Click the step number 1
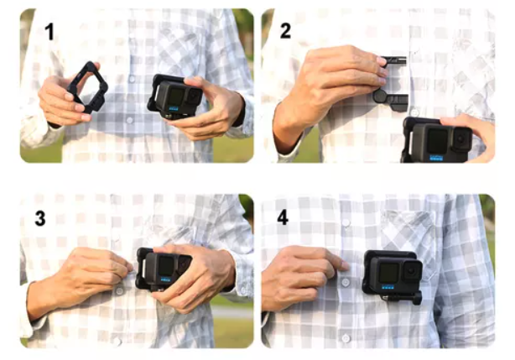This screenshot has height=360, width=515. (x=49, y=32)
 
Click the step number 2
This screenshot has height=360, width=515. (x=286, y=31)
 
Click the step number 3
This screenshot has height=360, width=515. (x=40, y=218)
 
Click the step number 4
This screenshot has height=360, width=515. (x=283, y=217)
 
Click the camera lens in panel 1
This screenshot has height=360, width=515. (x=194, y=96)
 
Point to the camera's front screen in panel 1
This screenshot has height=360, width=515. (x=175, y=96)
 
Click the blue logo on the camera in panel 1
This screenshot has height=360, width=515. (x=174, y=109)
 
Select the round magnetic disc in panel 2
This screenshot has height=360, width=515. (x=381, y=96)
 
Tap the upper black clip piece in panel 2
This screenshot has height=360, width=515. (x=394, y=60)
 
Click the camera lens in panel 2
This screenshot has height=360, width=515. (x=460, y=138)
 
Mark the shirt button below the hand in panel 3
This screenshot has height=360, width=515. (x=119, y=291)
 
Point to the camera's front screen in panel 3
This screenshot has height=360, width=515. (x=166, y=265)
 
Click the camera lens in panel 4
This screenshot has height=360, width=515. (x=412, y=271)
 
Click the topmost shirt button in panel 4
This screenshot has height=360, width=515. (x=346, y=223)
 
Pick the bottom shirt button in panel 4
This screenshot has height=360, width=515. (x=346, y=338)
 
